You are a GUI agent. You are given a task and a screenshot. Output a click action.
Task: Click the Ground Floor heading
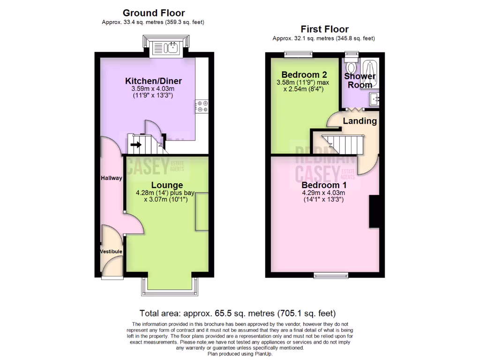click(x=153, y=13)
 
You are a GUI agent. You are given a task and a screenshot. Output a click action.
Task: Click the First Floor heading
click(x=324, y=29)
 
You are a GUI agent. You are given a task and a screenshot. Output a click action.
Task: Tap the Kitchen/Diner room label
click(x=154, y=81)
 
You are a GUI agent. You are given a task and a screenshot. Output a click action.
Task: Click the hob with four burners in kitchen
click(x=202, y=106)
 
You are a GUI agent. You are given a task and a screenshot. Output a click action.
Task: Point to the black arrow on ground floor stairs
click(x=136, y=145)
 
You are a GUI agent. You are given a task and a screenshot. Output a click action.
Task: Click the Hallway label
click(x=111, y=178)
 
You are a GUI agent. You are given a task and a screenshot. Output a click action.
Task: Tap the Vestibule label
click(x=111, y=252)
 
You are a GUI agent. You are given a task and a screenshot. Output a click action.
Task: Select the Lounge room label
click(x=166, y=185)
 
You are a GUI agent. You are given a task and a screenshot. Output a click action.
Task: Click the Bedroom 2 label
click(x=303, y=75)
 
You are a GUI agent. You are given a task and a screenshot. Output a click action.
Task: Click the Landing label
click(x=360, y=121)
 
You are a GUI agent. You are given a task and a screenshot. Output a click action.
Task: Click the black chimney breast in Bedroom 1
click(x=374, y=211)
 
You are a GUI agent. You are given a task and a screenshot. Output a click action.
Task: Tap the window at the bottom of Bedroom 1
click(x=324, y=275)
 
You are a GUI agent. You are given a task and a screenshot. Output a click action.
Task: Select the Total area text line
click(x=237, y=313)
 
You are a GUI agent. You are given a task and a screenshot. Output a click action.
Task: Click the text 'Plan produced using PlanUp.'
click(x=240, y=354)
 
